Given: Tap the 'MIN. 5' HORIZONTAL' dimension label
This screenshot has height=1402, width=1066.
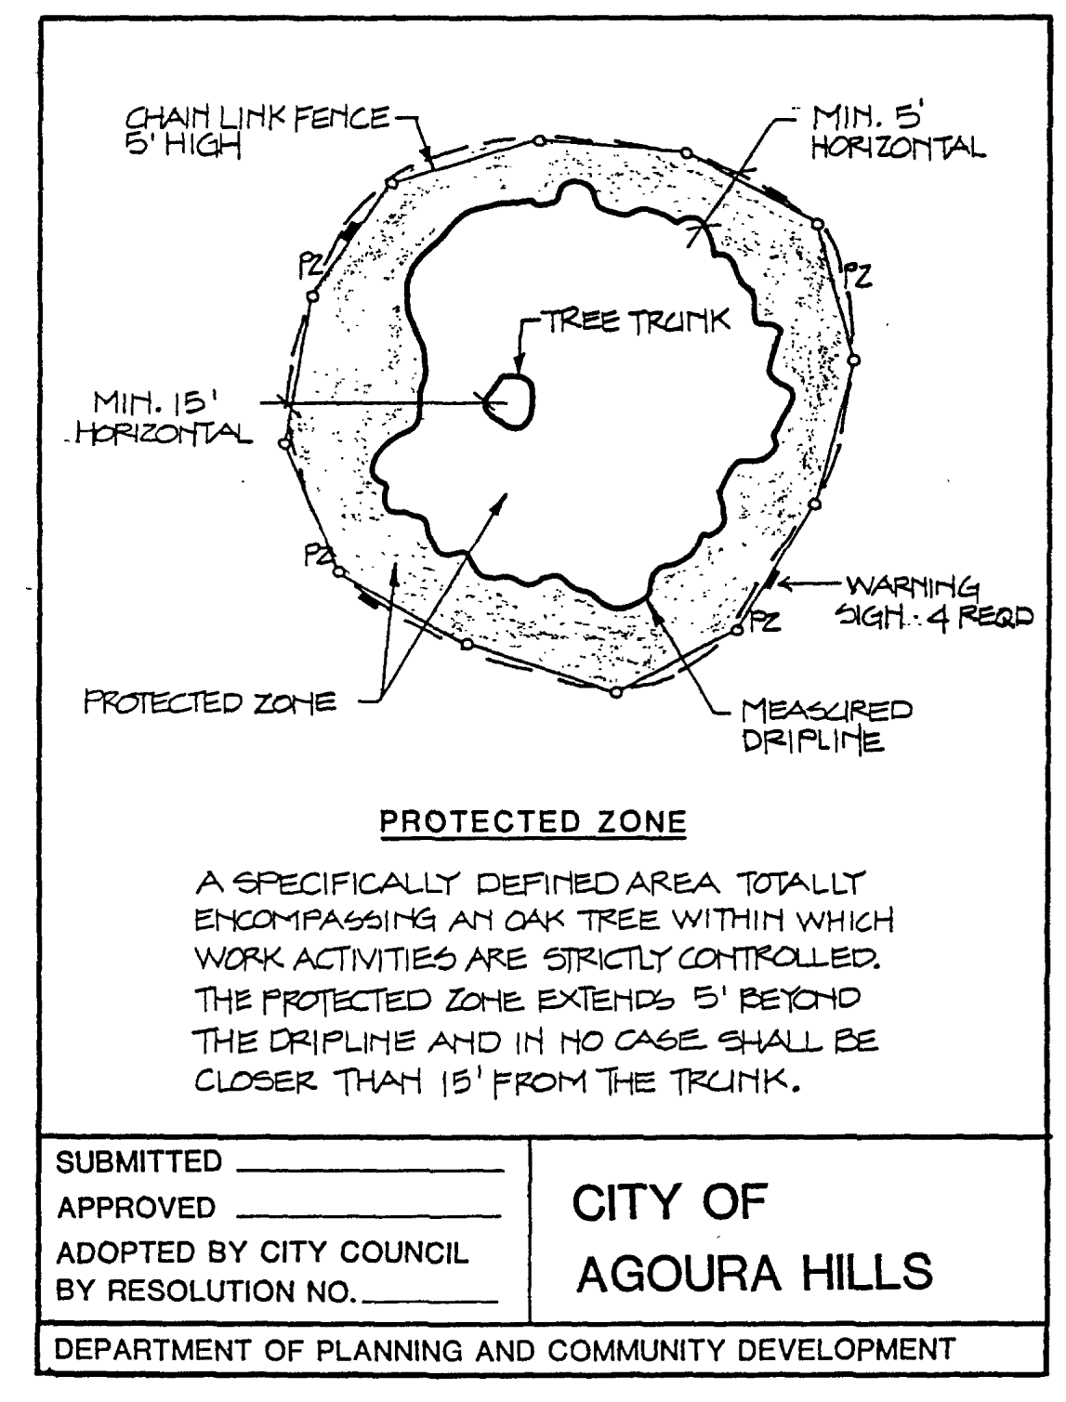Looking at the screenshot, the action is (892, 132).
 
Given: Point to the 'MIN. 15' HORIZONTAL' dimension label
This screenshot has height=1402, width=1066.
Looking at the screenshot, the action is (172, 418).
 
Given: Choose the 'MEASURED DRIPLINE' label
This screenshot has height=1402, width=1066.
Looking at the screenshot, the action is (823, 726).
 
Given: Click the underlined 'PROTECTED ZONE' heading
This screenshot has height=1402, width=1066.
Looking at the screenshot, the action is (533, 822).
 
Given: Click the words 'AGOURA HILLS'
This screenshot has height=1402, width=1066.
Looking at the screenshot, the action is (754, 1271).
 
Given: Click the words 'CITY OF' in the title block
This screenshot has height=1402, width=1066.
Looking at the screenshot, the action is (669, 1203).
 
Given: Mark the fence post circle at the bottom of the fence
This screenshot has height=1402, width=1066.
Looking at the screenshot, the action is (615, 691).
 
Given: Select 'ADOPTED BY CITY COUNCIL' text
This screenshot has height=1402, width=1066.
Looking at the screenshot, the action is (263, 1252).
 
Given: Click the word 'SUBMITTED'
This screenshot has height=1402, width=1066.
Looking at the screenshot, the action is (139, 1161).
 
